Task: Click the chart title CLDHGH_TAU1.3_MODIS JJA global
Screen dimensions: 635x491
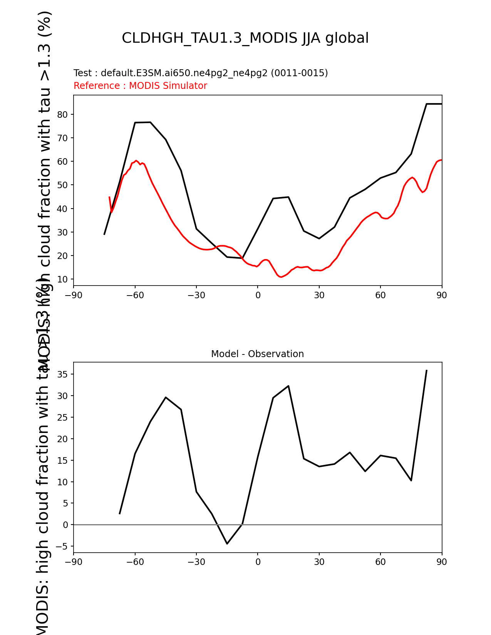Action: tap(245, 38)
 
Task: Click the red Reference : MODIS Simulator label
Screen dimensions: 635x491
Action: tap(140, 86)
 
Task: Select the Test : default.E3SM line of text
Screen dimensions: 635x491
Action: tap(201, 73)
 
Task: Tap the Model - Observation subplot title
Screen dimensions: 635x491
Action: tap(257, 354)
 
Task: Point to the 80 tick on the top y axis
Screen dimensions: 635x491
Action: tap(62, 115)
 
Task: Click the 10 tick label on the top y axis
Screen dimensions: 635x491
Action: tap(62, 279)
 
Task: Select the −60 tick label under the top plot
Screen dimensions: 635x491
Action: tap(135, 295)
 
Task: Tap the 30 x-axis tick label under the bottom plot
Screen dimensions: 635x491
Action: tap(319, 562)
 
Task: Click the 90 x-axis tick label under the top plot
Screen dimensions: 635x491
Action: tap(442, 295)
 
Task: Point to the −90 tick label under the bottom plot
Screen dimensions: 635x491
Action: tap(74, 562)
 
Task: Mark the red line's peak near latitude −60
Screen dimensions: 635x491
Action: tap(136, 160)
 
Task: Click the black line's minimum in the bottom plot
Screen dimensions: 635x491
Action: tap(227, 543)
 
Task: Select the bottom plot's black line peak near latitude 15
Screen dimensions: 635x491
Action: tap(288, 386)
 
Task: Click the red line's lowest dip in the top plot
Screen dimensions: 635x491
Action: tap(282, 277)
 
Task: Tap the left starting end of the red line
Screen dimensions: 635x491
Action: tap(109, 197)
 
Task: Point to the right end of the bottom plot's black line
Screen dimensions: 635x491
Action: tap(426, 370)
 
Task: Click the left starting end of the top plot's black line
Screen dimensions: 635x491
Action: tap(104, 234)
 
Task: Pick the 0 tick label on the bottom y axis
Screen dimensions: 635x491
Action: tap(65, 525)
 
